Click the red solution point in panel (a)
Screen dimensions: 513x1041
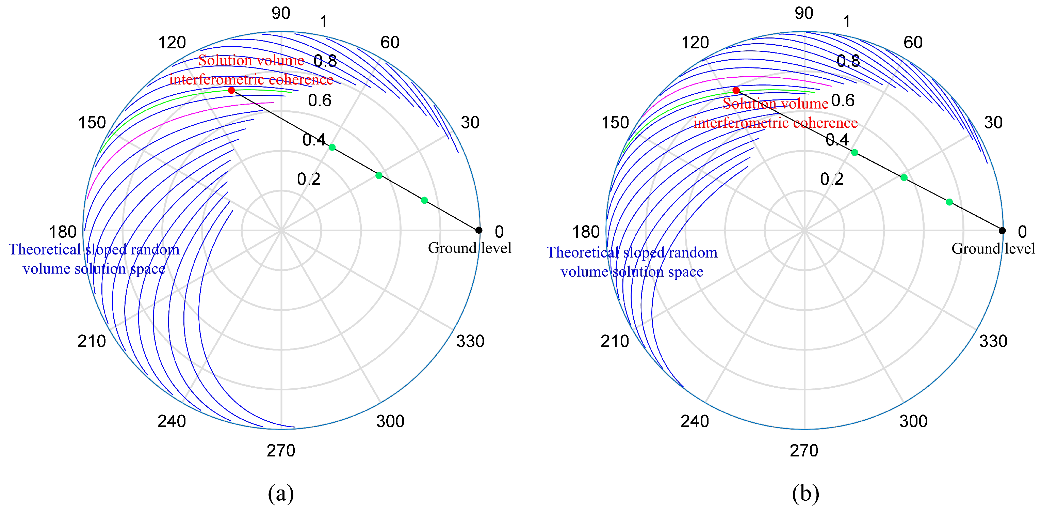pyautogui.click(x=231, y=90)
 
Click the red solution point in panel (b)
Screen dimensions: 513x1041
pyautogui.click(x=736, y=90)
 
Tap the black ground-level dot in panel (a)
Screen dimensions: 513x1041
pyautogui.click(x=478, y=230)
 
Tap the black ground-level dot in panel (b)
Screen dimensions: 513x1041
pyautogui.click(x=1002, y=231)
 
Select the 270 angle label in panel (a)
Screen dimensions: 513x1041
pyautogui.click(x=281, y=450)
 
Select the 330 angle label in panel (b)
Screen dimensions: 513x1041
pyautogui.click(x=993, y=341)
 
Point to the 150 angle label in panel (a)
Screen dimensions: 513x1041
pyautogui.click(x=92, y=123)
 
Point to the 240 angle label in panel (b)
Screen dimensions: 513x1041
pyautogui.click(x=694, y=421)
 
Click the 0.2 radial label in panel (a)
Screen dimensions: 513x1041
pyautogui.click(x=308, y=179)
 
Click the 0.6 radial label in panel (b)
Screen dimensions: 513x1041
pyautogui.click(x=843, y=100)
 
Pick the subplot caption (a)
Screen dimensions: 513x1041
pyautogui.click(x=281, y=493)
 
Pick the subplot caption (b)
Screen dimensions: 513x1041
pyautogui.click(x=806, y=493)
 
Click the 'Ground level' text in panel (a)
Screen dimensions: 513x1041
pyautogui.click(x=470, y=248)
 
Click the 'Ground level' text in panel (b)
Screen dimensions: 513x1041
pyautogui.click(x=993, y=248)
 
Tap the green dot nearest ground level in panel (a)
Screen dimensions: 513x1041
pyautogui.click(x=424, y=200)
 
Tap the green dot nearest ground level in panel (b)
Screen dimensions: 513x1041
pyautogui.click(x=949, y=202)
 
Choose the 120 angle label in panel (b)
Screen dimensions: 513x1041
pyautogui.click(x=695, y=43)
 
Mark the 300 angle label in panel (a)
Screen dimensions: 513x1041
pyautogui.click(x=390, y=421)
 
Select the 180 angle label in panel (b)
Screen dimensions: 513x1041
pyautogui.click(x=586, y=232)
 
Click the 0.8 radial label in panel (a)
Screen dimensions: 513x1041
pyautogui.click(x=325, y=61)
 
